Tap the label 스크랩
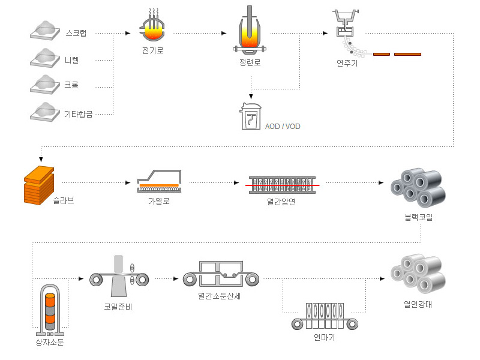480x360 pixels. tap(76, 33)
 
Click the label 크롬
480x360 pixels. tap(71, 85)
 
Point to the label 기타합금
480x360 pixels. tap(79, 113)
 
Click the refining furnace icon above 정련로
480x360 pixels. tap(250, 32)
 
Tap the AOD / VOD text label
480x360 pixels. tap(283, 127)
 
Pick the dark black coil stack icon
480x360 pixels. tap(418, 186)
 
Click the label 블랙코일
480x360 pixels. tap(418, 217)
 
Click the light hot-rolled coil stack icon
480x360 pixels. tap(418, 272)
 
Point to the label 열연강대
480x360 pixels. tap(418, 304)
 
